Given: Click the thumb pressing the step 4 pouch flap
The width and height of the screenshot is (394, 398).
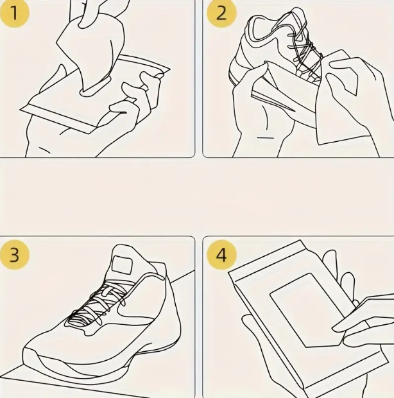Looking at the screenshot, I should pyautogui.click(x=359, y=315).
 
